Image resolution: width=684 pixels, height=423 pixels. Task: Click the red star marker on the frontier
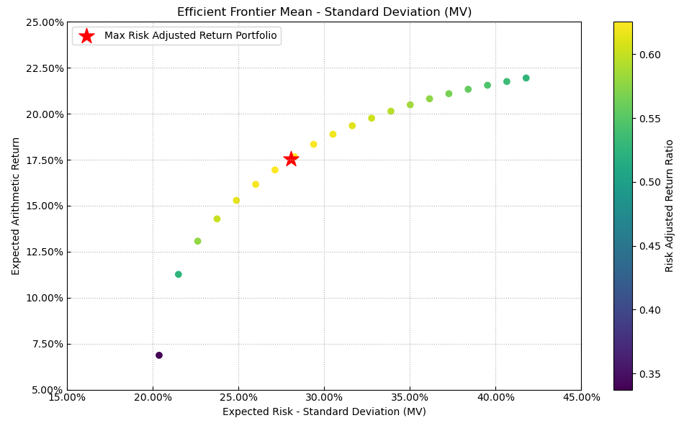tap(291, 159)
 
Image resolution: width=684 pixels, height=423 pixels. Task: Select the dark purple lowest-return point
tap(159, 355)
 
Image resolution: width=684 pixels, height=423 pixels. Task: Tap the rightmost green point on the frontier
tap(526, 78)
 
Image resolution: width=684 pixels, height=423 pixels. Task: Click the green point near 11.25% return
tap(179, 274)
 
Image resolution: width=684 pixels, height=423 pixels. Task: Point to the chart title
tap(324, 12)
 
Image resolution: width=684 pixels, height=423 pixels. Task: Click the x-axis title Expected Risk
tap(324, 411)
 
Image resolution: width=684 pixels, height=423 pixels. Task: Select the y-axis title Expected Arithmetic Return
tap(17, 206)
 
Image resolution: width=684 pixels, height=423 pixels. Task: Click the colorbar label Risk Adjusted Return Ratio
tap(670, 206)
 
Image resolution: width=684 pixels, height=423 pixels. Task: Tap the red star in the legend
tap(86, 36)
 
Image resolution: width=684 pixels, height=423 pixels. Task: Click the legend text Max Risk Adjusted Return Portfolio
tap(190, 36)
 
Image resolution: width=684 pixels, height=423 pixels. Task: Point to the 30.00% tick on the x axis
tap(324, 397)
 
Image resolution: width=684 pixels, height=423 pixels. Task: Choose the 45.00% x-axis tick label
tap(581, 397)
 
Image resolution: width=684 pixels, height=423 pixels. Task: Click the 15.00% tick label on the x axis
tap(67, 397)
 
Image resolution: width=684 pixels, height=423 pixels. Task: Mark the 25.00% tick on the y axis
tap(43, 22)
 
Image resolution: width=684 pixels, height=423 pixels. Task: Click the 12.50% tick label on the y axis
tap(43, 252)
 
